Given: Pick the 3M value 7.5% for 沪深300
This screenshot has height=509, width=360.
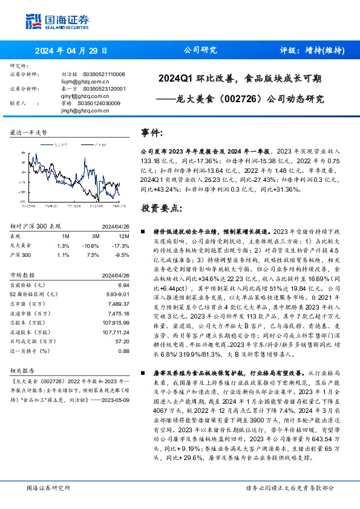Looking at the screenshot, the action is (91, 254).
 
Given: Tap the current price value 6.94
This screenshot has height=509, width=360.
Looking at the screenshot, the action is (124, 284).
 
